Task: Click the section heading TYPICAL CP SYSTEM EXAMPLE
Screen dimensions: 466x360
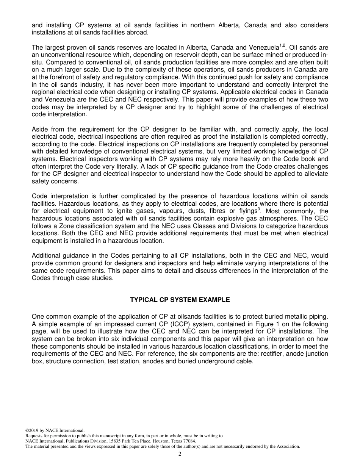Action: [x=180, y=300]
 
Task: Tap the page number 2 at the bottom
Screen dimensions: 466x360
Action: [x=180, y=454]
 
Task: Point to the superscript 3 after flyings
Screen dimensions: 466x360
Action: [x=259, y=209]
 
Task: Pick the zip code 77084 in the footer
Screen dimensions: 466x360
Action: [x=188, y=441]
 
